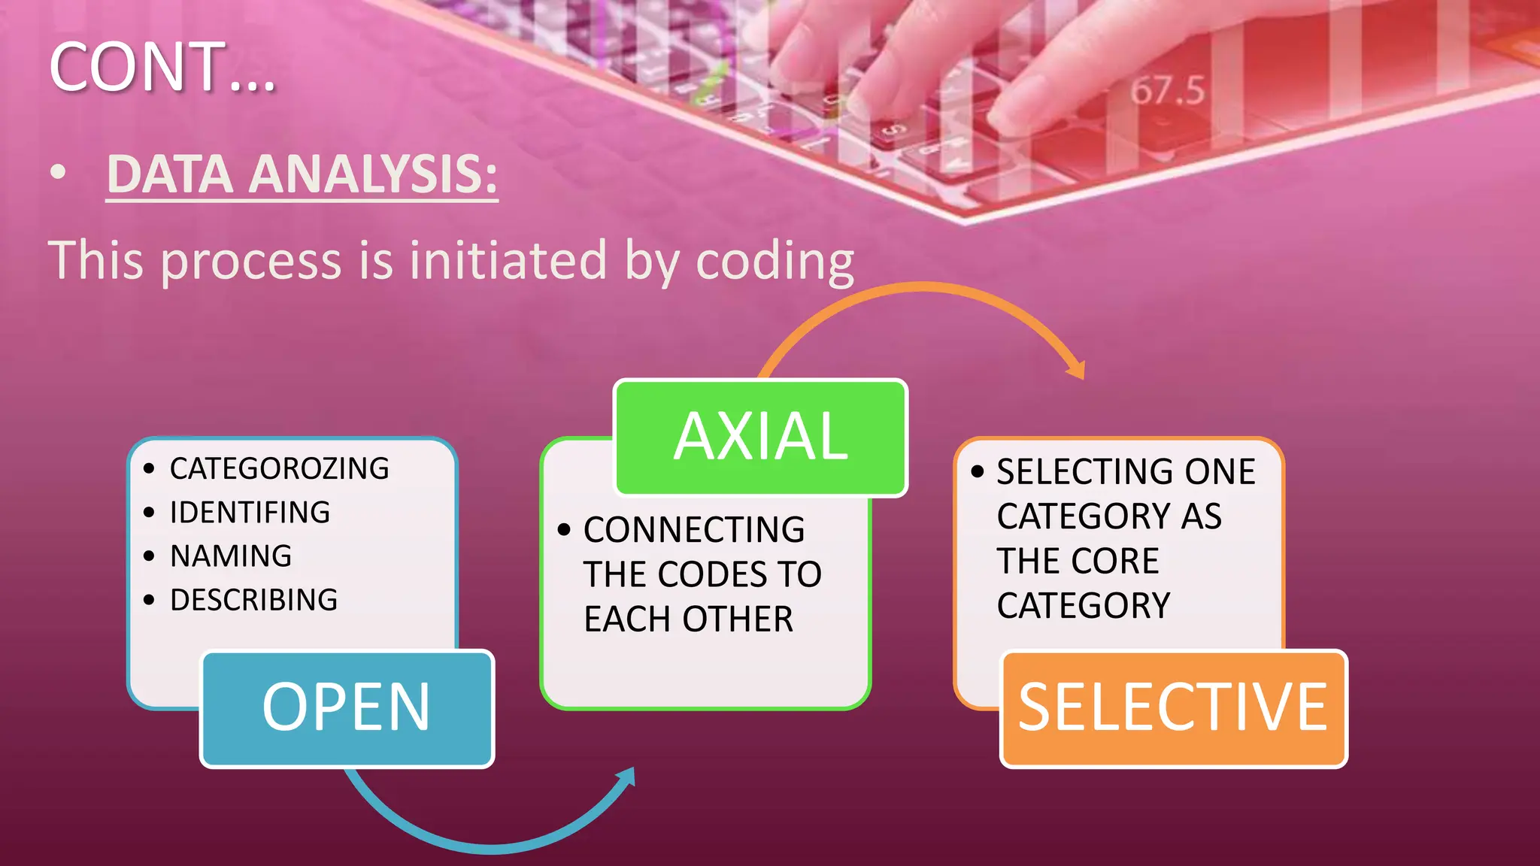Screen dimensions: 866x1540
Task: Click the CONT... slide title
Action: click(162, 68)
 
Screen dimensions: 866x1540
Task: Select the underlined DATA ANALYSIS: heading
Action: click(302, 175)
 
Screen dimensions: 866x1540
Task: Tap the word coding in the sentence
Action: click(775, 262)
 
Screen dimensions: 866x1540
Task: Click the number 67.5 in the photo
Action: click(1167, 91)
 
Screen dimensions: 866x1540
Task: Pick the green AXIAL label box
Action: click(761, 438)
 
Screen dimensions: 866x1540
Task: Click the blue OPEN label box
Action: click(347, 708)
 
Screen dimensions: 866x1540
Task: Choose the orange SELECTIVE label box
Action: click(1173, 708)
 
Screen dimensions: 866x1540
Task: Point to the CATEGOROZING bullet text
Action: click(279, 469)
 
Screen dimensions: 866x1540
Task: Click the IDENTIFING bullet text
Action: click(250, 513)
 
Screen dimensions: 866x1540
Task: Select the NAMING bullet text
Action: click(231, 556)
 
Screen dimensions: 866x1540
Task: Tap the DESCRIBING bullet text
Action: click(253, 600)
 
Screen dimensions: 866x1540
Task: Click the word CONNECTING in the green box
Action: click(693, 530)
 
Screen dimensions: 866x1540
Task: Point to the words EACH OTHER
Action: click(688, 619)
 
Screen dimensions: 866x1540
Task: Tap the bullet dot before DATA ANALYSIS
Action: click(58, 174)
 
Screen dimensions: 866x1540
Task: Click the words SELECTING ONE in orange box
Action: click(1126, 472)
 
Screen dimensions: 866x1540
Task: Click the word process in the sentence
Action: click(252, 262)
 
